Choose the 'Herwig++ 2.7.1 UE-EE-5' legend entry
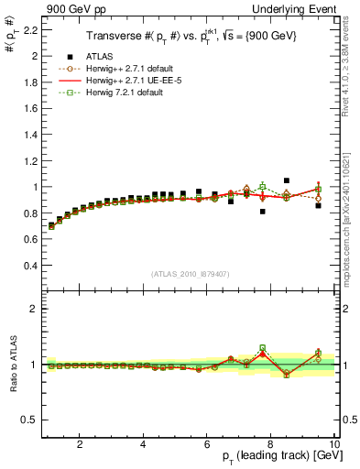[128, 81]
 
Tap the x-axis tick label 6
[207, 444]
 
